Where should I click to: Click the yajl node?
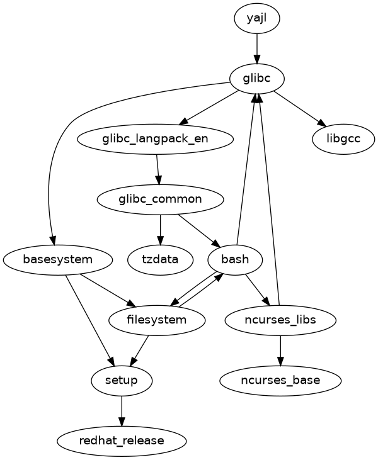click(x=256, y=19)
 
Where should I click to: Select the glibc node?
click(x=256, y=79)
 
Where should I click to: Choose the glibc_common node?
click(x=160, y=199)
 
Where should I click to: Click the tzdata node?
click(x=160, y=259)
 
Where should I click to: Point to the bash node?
click(x=235, y=259)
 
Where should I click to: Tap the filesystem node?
click(x=157, y=320)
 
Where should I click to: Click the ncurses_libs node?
click(x=280, y=320)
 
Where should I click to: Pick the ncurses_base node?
click(x=280, y=380)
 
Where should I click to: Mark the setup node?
click(x=122, y=380)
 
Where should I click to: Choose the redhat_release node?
click(x=122, y=440)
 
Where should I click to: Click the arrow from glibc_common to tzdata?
click(x=160, y=228)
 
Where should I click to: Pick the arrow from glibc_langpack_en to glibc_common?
click(x=157, y=169)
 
